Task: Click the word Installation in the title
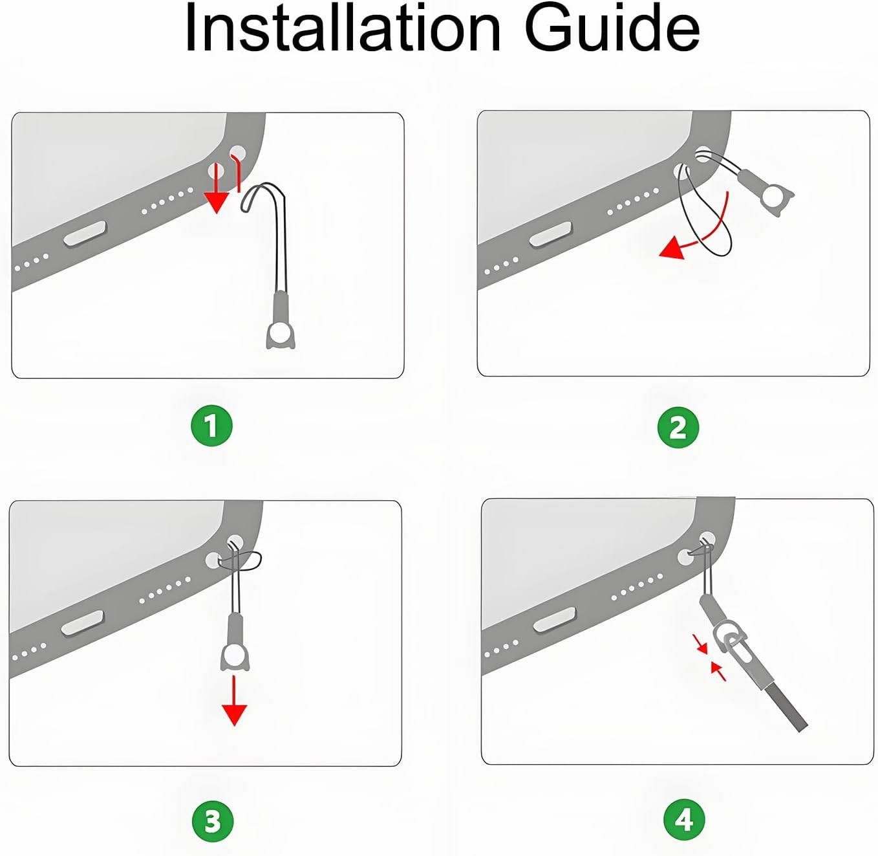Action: click(343, 28)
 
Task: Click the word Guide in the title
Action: click(612, 28)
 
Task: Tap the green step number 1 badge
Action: click(211, 426)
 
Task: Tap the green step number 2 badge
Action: click(678, 427)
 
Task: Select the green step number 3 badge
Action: click(213, 820)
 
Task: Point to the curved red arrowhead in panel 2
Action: click(673, 247)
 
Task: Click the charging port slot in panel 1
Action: click(85, 234)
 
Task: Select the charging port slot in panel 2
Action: click(550, 235)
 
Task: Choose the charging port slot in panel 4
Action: click(555, 620)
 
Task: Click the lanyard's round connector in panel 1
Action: click(281, 335)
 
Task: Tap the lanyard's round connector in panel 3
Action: click(235, 655)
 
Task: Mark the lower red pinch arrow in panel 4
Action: click(719, 671)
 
